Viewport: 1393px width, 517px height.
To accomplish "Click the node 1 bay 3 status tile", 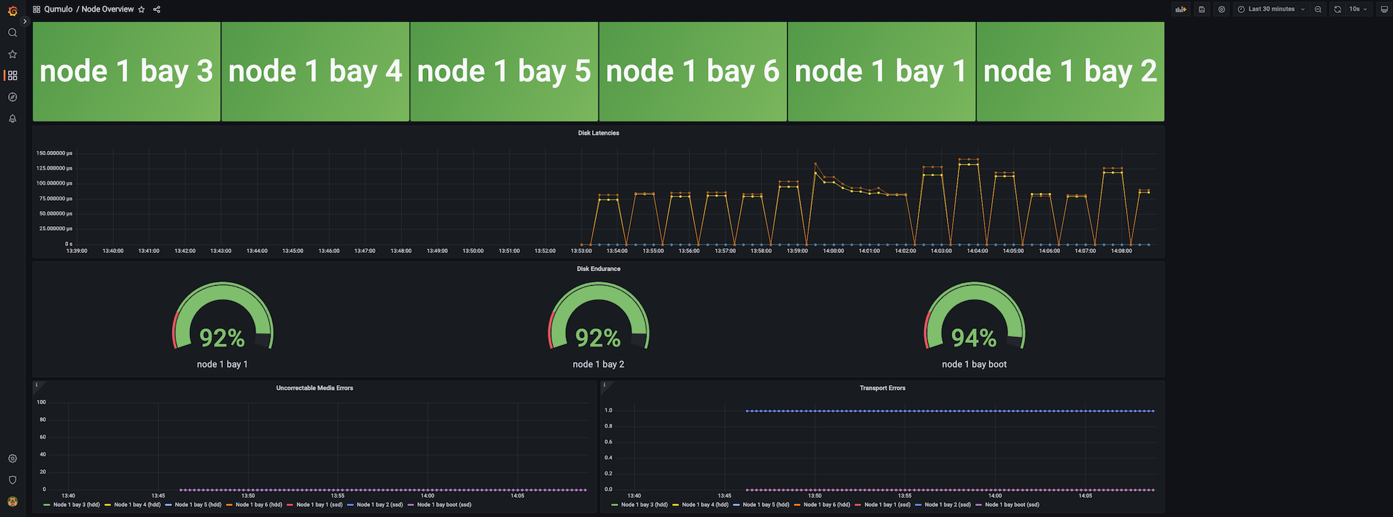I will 126,71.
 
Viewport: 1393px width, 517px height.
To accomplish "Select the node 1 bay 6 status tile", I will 692,71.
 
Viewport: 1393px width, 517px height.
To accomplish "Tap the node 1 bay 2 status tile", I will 1070,71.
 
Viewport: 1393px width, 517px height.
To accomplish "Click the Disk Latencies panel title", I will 599,133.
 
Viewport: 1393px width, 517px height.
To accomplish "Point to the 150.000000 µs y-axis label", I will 54,154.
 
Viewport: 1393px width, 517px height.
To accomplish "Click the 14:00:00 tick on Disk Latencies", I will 833,251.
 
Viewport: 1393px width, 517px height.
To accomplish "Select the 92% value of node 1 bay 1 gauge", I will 222,338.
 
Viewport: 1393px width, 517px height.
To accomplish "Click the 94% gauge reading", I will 974,338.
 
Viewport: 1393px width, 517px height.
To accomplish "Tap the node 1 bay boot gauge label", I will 974,365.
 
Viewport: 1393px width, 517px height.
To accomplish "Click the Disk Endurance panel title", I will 599,269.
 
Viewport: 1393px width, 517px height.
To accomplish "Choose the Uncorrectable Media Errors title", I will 314,389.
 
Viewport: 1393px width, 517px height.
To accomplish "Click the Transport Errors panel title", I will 882,389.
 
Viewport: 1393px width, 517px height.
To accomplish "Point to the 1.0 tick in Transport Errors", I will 608,410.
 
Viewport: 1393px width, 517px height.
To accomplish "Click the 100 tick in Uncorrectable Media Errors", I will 41,402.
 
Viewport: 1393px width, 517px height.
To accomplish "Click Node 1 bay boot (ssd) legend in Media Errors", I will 444,505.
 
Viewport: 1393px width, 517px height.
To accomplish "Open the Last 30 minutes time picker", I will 1271,9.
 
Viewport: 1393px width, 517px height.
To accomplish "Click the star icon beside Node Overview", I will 141,9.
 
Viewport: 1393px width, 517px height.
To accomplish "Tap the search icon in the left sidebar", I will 12,33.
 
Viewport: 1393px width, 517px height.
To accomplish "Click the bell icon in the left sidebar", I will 12,118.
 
